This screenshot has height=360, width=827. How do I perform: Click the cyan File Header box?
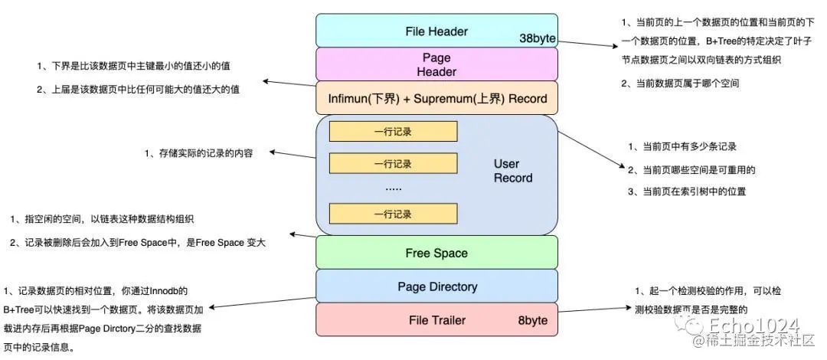[436, 31]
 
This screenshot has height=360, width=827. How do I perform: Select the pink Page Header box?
[436, 64]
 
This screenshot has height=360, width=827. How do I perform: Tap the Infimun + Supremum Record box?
[436, 97]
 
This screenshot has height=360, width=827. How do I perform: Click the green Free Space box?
[436, 252]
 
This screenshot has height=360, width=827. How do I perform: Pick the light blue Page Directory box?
[436, 286]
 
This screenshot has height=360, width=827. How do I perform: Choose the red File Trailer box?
[436, 319]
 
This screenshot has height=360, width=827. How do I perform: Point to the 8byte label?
[532, 320]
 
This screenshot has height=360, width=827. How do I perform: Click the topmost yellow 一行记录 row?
[393, 132]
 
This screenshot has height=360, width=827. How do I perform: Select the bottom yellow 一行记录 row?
[393, 214]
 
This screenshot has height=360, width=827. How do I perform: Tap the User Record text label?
[512, 171]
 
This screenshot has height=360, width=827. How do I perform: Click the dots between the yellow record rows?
[393, 188]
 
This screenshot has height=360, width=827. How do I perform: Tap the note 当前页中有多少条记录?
[682, 147]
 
